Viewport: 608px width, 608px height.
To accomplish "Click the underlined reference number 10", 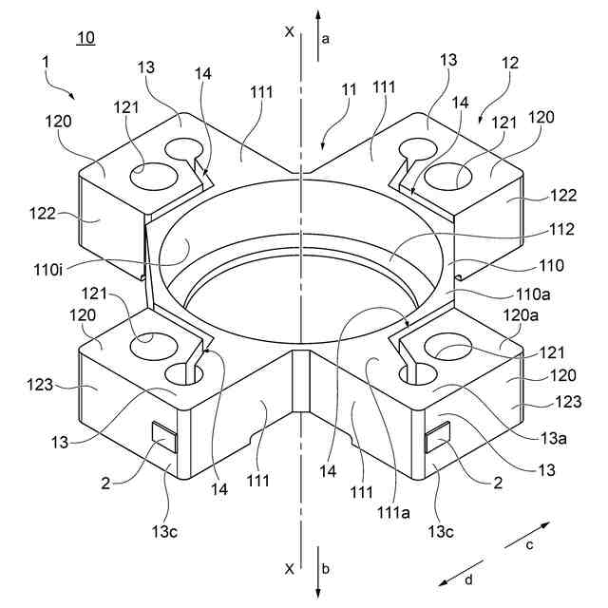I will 85,38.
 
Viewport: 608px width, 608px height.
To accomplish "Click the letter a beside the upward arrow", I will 326,38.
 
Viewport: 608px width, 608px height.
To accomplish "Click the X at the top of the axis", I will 289,31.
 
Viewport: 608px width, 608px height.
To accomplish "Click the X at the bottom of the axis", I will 289,568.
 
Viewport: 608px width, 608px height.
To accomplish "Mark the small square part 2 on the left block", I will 164,436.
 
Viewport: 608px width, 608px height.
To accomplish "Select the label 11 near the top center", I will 349,89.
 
